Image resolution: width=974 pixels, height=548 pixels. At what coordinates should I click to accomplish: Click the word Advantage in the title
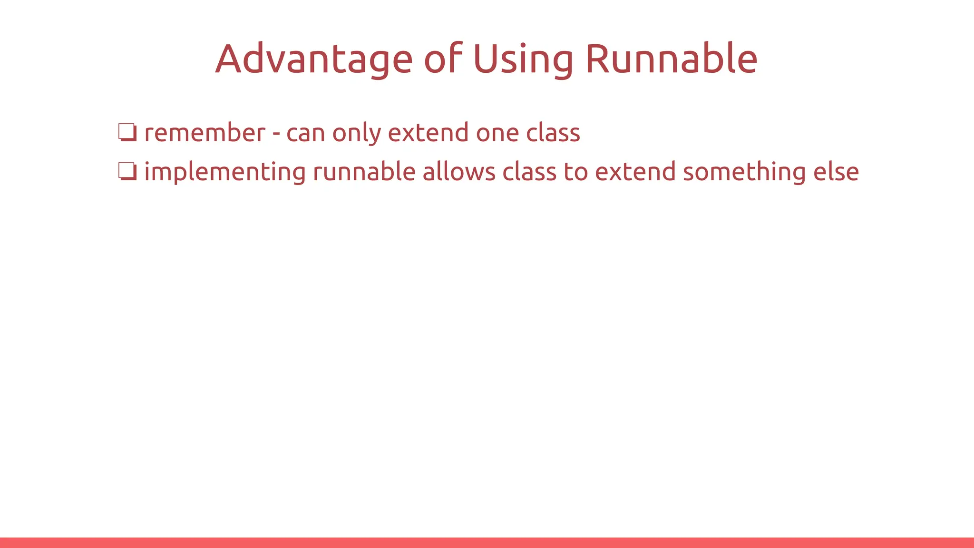coord(314,59)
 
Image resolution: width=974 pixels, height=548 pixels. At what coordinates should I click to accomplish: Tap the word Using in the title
coord(523,59)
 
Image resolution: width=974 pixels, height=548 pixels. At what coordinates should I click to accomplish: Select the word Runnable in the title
coord(671,59)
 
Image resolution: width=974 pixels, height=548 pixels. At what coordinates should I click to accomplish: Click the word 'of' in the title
coord(443,59)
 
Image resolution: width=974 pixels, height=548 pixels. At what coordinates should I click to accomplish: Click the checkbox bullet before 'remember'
coord(127,132)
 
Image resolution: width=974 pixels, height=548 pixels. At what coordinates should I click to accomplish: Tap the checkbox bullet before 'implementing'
coord(127,172)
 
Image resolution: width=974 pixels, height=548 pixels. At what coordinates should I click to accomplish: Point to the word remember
coord(205,133)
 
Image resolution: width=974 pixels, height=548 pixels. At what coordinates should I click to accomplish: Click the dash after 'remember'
coord(276,134)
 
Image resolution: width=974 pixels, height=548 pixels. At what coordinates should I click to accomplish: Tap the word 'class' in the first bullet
coord(553,133)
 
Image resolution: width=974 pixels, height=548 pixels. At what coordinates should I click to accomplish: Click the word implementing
coord(224,172)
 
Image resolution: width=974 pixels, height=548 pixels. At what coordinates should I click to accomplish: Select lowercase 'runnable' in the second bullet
coord(364,172)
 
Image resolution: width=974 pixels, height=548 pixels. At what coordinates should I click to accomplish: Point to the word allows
coord(459,172)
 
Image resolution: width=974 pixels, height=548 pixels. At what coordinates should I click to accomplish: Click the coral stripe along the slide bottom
coord(487,543)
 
